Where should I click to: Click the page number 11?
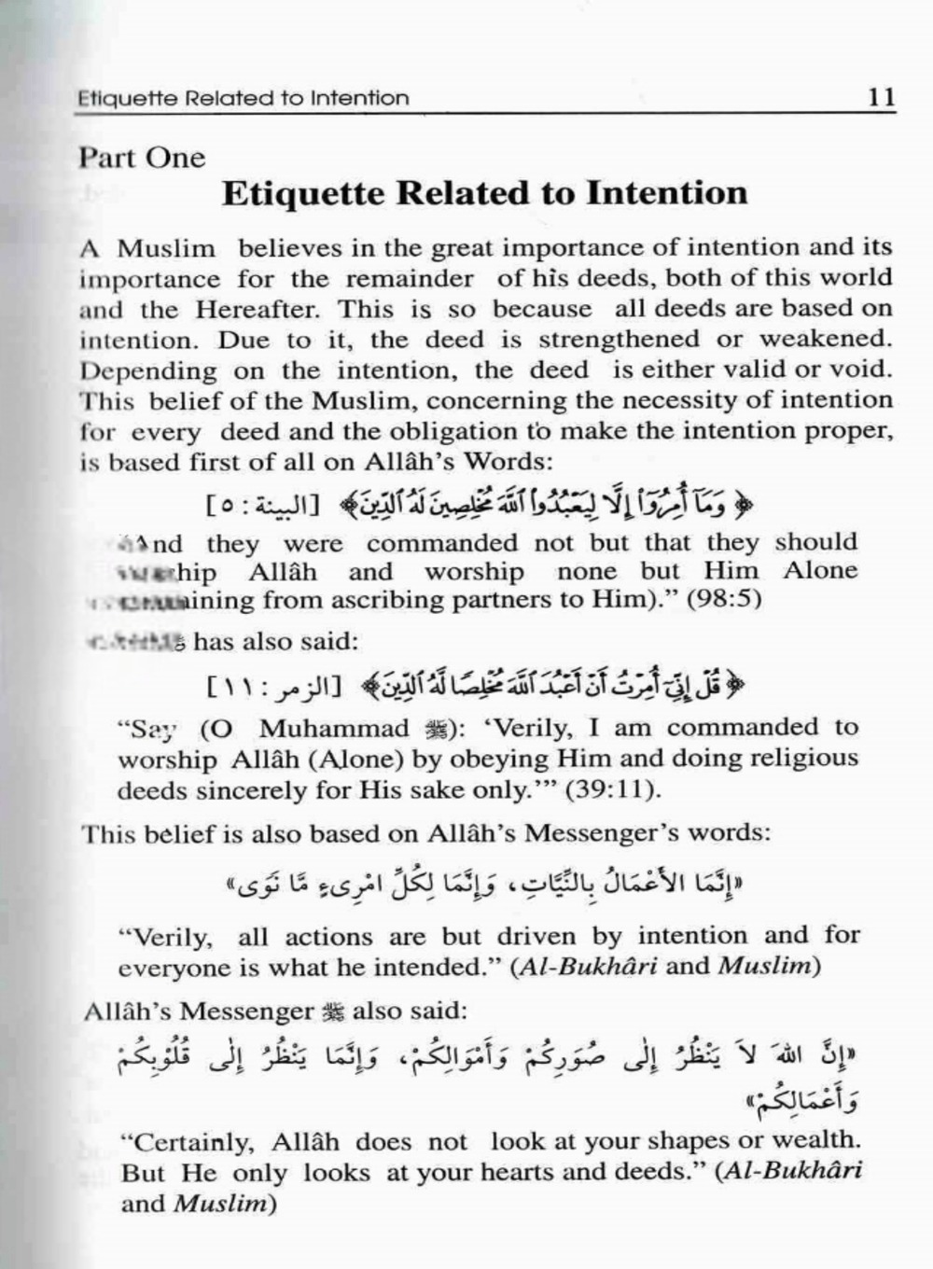click(881, 97)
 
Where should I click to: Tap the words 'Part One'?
click(141, 158)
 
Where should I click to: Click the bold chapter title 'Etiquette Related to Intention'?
click(484, 194)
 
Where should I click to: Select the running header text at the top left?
click(244, 98)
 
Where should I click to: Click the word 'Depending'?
click(148, 370)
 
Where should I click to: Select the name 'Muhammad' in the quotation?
click(334, 729)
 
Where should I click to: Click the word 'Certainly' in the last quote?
click(193, 1141)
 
